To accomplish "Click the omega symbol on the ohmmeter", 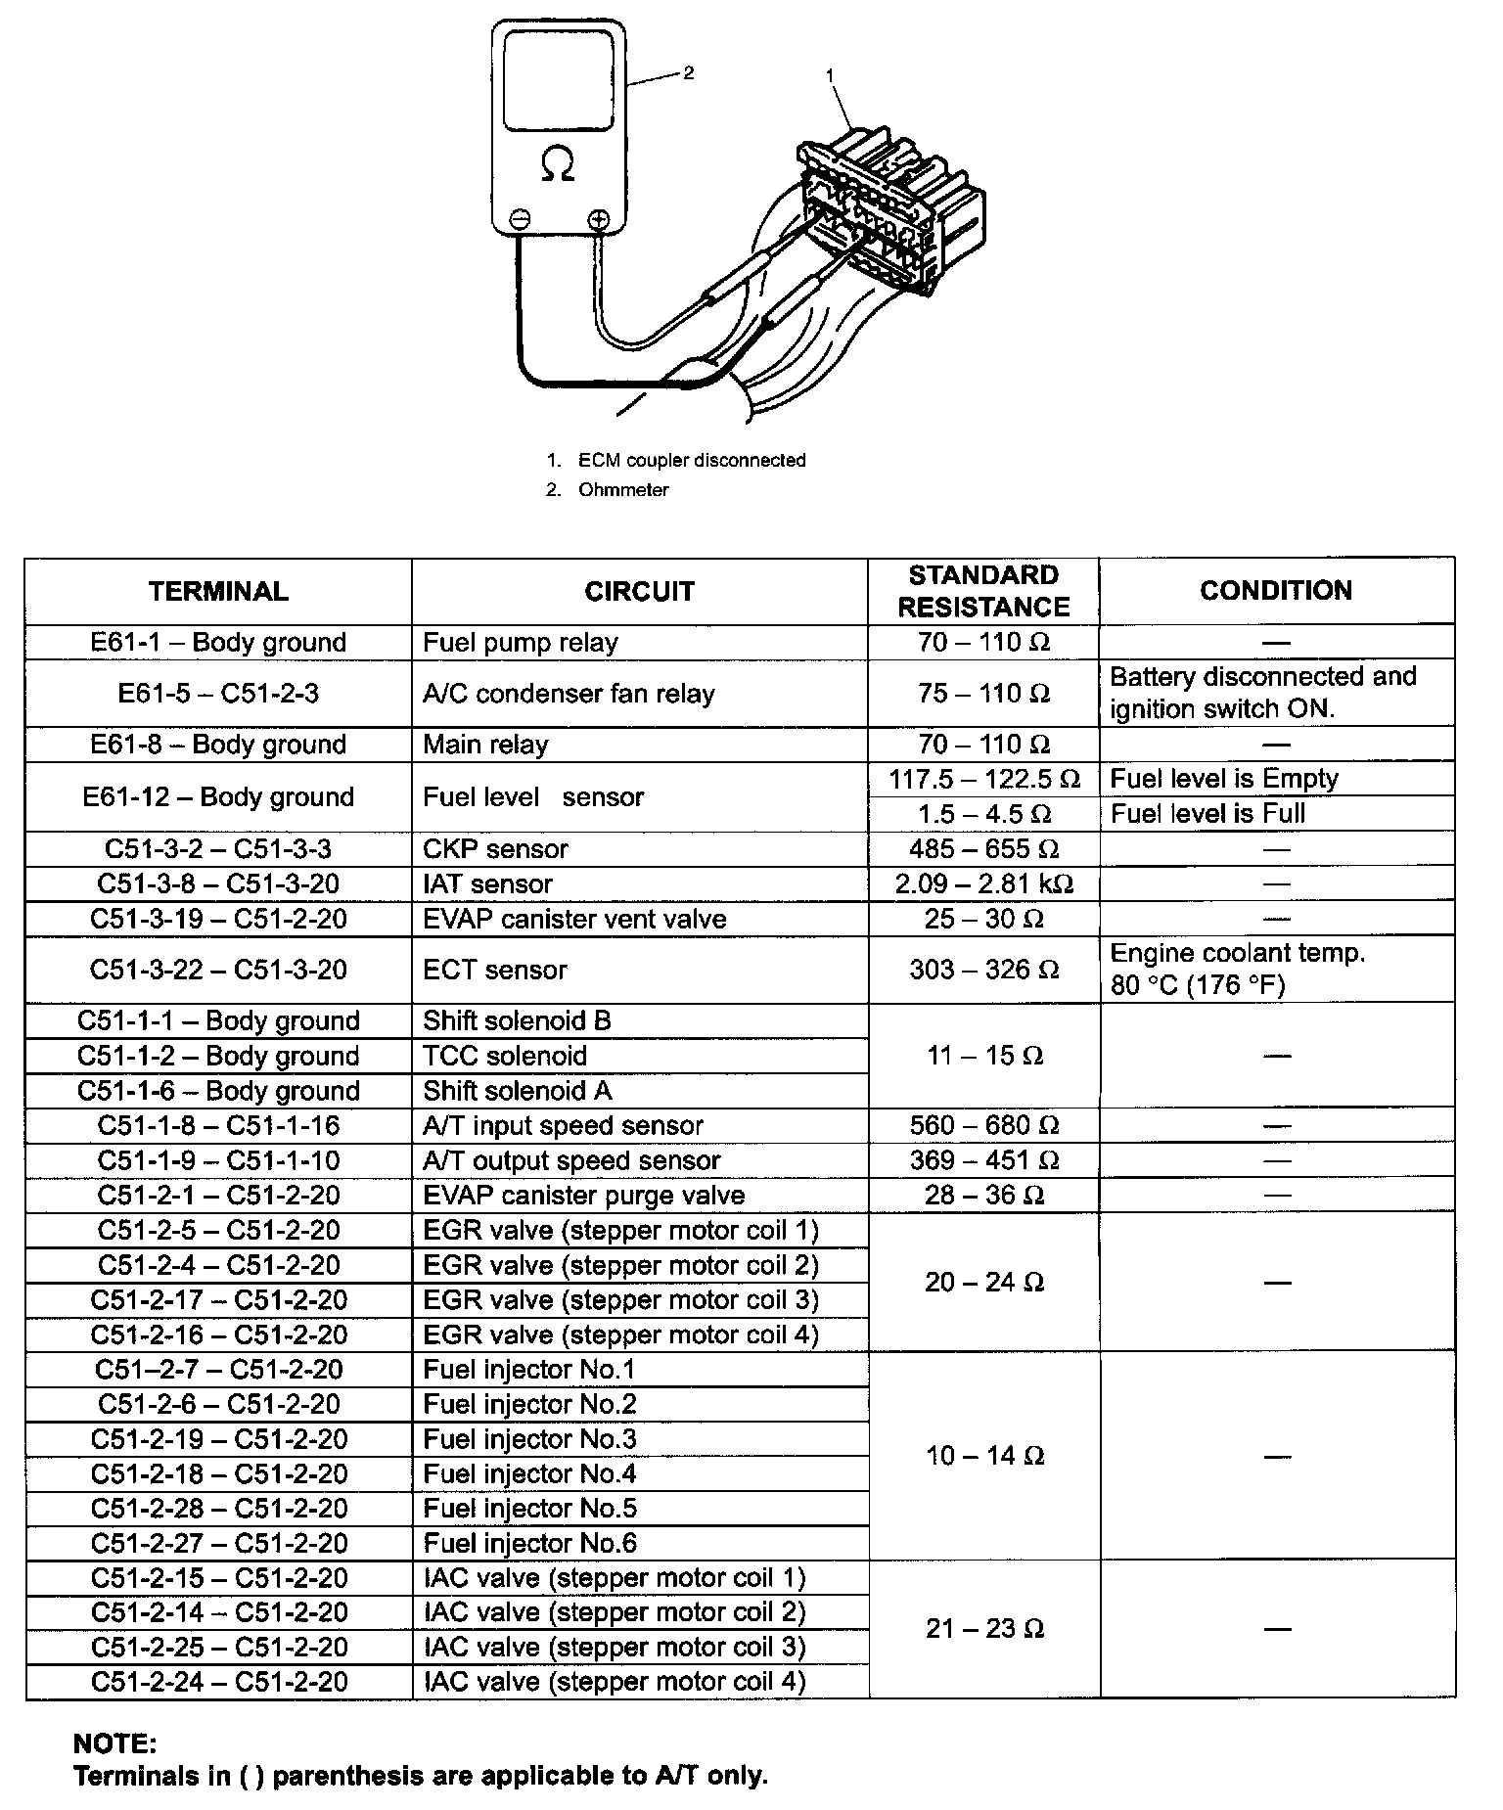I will tap(559, 164).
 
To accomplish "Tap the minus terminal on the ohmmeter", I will tap(520, 219).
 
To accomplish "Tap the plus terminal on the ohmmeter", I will tap(599, 219).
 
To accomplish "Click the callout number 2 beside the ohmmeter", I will tap(689, 73).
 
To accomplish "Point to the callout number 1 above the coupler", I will tap(831, 74).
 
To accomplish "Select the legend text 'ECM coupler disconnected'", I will tap(692, 460).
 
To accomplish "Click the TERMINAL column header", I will tap(218, 592).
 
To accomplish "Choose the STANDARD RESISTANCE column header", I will tap(983, 591).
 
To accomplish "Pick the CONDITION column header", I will tap(1276, 591).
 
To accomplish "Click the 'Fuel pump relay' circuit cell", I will tap(521, 643).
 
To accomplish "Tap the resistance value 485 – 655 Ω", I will tap(983, 849).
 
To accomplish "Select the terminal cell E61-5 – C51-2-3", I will tap(218, 694).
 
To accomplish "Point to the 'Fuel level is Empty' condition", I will tap(1224, 779).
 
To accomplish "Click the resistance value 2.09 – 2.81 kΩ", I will tap(983, 884).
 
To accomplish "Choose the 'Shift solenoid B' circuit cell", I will tap(517, 1021).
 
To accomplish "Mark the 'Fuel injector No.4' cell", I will tap(529, 1473).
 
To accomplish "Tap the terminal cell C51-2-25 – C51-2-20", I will tap(219, 1648).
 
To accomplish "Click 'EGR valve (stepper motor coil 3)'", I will tap(620, 1300).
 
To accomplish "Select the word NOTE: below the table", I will tap(114, 1743).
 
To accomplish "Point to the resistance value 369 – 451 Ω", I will tap(983, 1161).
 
